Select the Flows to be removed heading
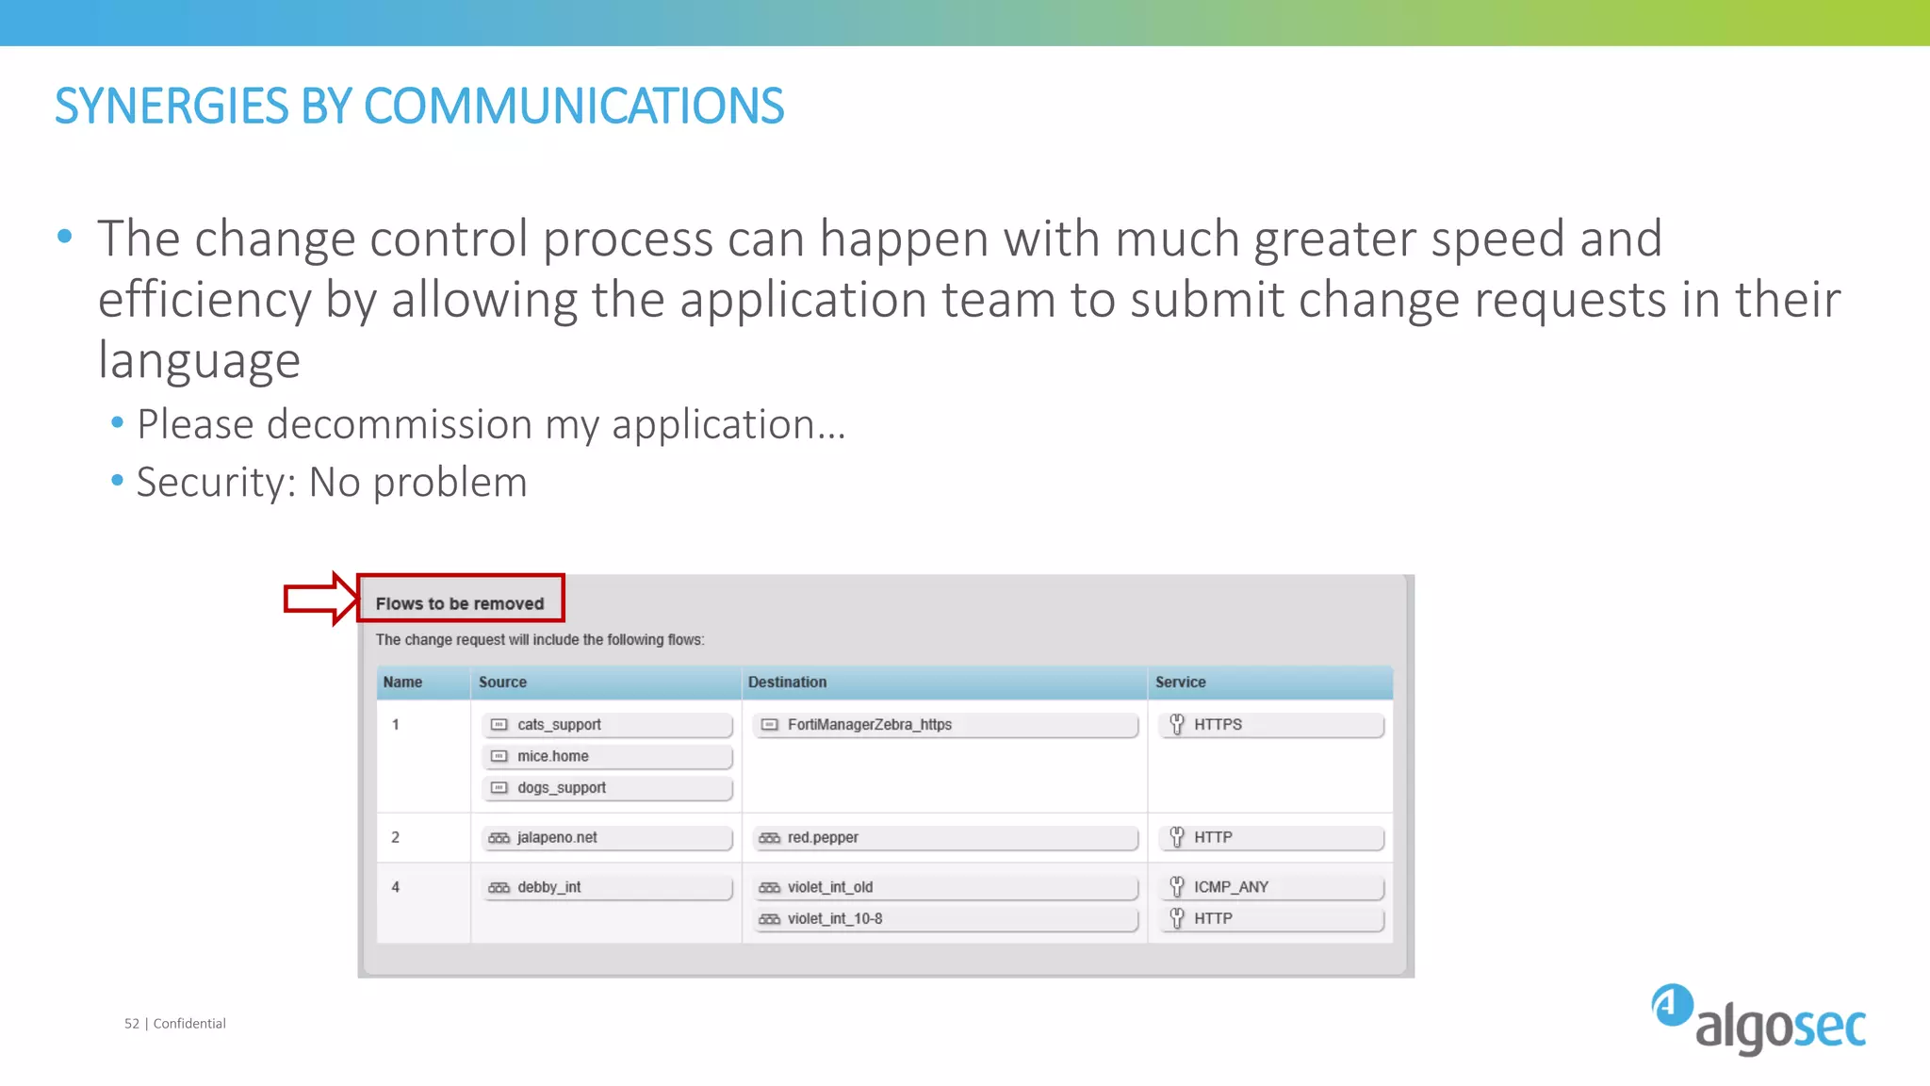(x=460, y=603)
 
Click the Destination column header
(x=787, y=682)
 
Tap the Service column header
(x=1180, y=682)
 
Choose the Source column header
(x=502, y=682)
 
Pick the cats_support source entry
(x=607, y=725)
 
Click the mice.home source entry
(x=607, y=756)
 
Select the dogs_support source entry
(x=607, y=788)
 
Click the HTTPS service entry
(x=1272, y=725)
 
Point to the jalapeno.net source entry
(x=607, y=838)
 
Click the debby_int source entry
(x=607, y=888)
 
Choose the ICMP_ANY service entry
(x=1272, y=888)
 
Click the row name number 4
(x=396, y=887)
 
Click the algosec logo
(x=1758, y=1019)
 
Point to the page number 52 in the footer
(x=132, y=1024)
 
